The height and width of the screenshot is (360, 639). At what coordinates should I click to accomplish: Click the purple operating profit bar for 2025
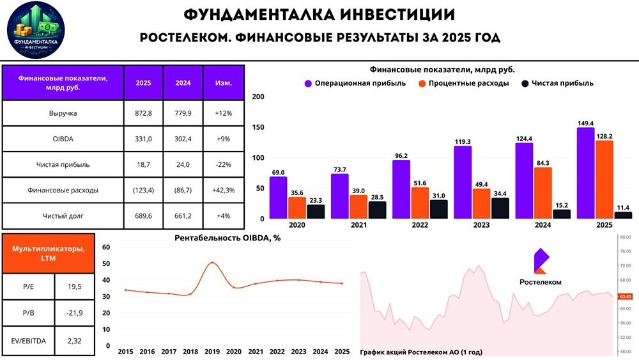[x=585, y=173]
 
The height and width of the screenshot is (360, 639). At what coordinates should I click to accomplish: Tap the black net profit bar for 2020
[x=315, y=212]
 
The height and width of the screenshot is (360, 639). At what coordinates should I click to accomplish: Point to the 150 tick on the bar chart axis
[x=258, y=127]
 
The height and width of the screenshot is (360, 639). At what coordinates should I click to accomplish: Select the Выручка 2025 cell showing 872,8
[x=143, y=113]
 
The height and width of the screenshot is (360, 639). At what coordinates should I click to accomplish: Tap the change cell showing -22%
[x=223, y=164]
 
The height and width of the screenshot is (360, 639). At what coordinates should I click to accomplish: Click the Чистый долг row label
[x=63, y=215]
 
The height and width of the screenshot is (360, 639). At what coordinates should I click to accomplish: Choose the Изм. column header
[x=223, y=82]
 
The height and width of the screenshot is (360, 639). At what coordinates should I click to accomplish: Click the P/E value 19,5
[x=74, y=286]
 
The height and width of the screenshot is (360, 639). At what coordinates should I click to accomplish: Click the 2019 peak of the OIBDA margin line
[x=213, y=263]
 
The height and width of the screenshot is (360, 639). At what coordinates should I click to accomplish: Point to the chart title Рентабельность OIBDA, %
[x=227, y=237]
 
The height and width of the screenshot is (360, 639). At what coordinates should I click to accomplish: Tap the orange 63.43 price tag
[x=626, y=296]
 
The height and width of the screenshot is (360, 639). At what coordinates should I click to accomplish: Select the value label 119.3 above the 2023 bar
[x=463, y=141]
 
